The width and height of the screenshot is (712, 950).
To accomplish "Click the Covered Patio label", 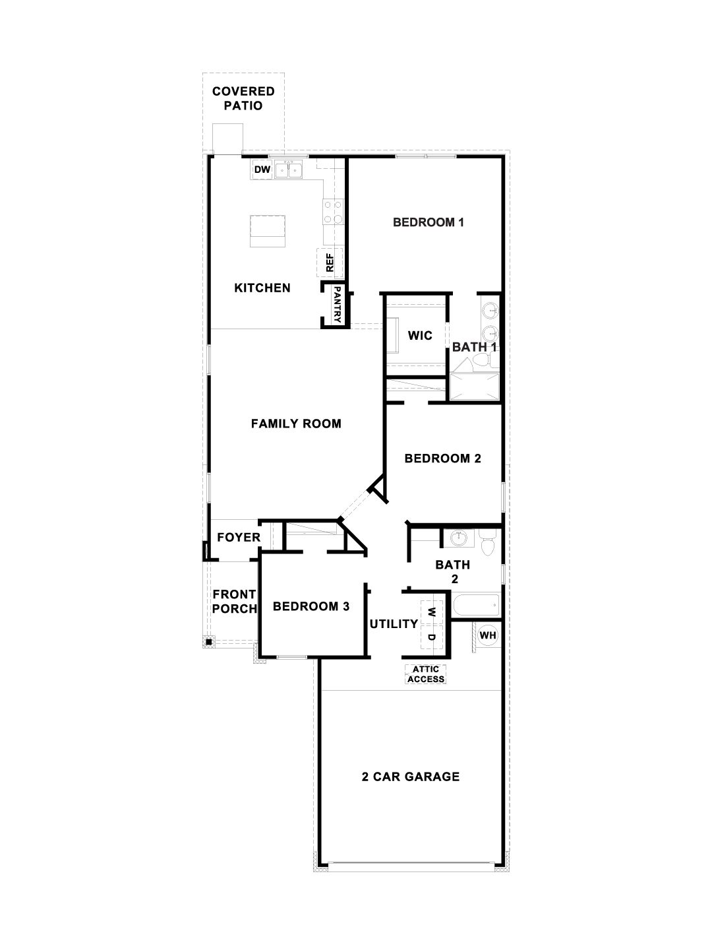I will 243,98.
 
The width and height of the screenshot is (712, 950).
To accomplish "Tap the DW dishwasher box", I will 262,170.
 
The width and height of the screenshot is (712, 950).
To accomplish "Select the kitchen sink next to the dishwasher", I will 288,170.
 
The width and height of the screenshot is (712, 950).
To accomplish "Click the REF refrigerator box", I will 330,263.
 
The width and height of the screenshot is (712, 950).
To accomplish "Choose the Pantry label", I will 337,303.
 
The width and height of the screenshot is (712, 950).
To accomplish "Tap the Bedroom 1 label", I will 429,222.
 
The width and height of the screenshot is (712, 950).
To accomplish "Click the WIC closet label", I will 420,336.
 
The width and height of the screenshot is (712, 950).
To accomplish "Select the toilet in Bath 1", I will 481,360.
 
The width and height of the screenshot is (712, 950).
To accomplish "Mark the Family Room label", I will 296,424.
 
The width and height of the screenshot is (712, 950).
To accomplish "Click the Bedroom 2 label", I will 443,459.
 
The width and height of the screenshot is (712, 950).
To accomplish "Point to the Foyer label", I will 239,538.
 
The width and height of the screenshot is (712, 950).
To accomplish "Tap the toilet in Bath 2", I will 489,544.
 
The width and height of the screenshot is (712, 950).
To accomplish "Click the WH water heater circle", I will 488,635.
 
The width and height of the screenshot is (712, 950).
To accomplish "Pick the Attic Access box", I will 425,674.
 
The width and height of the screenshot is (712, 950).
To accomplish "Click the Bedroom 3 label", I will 311,606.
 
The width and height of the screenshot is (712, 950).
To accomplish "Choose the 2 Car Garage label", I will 411,776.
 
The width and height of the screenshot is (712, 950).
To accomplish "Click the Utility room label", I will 394,623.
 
